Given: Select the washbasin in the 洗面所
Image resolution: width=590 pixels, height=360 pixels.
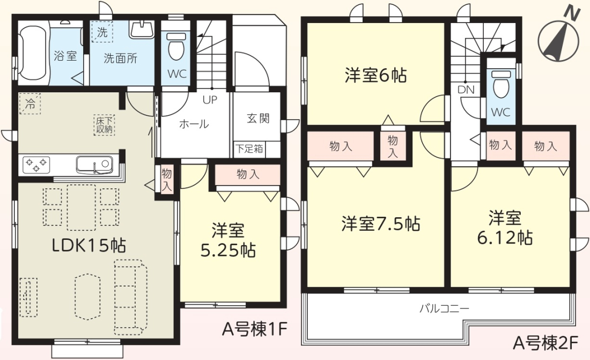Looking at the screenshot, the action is (x=142, y=28).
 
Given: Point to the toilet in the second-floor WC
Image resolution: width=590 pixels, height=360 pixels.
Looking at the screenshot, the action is (x=501, y=85).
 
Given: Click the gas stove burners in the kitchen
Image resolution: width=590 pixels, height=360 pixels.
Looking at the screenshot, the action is (x=36, y=165).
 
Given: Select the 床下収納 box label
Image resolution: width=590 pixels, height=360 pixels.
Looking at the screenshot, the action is (x=104, y=126).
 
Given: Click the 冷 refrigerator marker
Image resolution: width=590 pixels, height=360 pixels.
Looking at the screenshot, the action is (x=29, y=104).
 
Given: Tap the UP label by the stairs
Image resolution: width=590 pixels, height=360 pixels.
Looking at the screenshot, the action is (x=210, y=100).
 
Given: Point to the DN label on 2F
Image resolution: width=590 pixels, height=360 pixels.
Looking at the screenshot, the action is (x=466, y=90).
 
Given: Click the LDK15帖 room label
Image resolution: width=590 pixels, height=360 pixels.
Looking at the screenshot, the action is (x=89, y=246).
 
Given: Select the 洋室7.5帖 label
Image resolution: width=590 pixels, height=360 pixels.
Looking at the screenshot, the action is (x=381, y=224).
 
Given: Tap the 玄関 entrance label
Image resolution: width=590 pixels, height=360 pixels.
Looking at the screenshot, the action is (x=258, y=118).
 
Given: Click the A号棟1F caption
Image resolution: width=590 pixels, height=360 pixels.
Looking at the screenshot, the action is (x=255, y=329).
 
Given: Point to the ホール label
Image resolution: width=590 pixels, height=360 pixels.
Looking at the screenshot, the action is (x=194, y=124).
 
